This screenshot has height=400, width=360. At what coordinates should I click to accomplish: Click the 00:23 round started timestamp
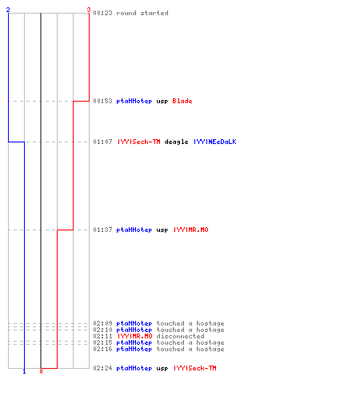(102, 13)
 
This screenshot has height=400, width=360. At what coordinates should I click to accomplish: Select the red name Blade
(182, 101)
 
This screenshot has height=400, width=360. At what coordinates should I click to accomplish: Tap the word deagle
(176, 142)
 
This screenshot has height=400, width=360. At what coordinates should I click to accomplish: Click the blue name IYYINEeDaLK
(215, 142)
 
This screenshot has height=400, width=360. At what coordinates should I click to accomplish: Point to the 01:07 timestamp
(102, 142)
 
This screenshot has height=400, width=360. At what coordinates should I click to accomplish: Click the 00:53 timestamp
(102, 101)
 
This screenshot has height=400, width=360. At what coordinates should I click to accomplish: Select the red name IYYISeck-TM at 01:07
(139, 142)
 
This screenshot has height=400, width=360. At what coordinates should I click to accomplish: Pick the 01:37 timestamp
(102, 230)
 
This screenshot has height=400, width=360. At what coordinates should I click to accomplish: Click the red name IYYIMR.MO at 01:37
(191, 230)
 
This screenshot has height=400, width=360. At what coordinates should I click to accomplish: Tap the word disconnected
(180, 336)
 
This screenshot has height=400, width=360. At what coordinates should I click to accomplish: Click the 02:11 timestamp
(102, 336)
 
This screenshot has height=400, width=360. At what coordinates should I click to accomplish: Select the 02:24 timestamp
(102, 368)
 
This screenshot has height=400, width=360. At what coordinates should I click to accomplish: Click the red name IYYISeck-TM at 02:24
(195, 368)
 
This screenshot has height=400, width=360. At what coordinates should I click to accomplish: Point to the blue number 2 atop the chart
(8, 10)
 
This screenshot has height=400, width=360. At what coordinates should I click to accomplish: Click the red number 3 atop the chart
(89, 10)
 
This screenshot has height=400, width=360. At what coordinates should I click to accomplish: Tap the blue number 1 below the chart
(24, 371)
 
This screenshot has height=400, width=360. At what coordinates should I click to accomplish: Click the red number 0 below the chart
(41, 371)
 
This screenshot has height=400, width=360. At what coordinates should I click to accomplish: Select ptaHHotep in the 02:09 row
(134, 324)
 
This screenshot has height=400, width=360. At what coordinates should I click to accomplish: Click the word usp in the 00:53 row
(162, 102)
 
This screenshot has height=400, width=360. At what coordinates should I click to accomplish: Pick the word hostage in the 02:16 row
(210, 350)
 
